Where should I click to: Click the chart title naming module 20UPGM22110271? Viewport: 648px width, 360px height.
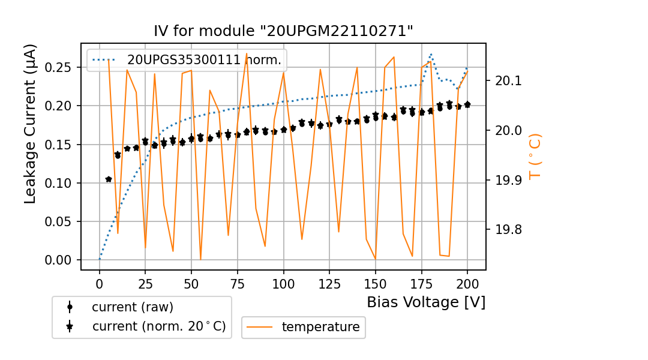pos(284,31)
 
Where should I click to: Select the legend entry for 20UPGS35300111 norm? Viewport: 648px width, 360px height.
pos(204,59)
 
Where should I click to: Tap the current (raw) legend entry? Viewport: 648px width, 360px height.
pos(132,307)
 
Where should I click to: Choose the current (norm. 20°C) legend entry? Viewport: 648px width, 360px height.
pos(158,326)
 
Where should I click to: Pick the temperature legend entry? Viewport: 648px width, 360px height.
pos(320,327)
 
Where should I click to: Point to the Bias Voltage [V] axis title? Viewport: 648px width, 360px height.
pos(426,302)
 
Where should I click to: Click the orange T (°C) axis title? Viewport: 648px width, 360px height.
pos(535,157)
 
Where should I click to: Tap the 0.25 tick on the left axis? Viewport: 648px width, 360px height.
pos(59,67)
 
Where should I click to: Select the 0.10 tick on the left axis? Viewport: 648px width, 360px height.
pos(59,183)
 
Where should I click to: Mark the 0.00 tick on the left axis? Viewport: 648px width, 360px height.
pos(59,260)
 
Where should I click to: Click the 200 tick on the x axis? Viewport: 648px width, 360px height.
pos(467,282)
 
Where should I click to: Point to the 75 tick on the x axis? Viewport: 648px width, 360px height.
pos(238,282)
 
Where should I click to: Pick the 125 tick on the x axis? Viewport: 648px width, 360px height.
pos(329,282)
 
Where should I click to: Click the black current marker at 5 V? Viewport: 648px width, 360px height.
pos(109,179)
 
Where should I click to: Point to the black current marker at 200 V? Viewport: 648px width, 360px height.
pos(467,104)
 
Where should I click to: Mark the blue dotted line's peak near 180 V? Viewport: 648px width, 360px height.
pos(431,55)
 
